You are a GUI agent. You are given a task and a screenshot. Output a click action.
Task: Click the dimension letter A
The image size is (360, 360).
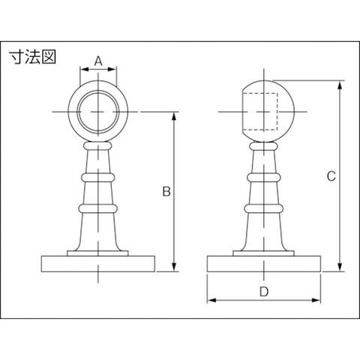click(x=98, y=61)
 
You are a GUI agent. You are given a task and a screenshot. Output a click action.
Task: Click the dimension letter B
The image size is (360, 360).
click(x=166, y=191)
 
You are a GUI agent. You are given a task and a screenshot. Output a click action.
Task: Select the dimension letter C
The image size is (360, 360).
click(x=331, y=176)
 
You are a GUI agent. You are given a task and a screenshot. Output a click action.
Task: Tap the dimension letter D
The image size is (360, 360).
click(x=264, y=292)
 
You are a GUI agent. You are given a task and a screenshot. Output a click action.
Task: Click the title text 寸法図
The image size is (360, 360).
click(x=33, y=57)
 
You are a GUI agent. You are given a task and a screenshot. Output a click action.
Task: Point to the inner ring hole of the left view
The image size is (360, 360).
click(x=98, y=112)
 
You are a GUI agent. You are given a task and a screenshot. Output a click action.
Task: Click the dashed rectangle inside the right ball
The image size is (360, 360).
click(x=260, y=112)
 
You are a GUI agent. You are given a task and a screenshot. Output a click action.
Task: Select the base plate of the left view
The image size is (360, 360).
click(x=98, y=264)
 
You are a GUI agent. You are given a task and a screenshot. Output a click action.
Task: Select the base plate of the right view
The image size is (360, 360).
click(x=264, y=264)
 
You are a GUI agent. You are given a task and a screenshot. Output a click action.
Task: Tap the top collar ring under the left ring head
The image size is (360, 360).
click(x=98, y=145)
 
